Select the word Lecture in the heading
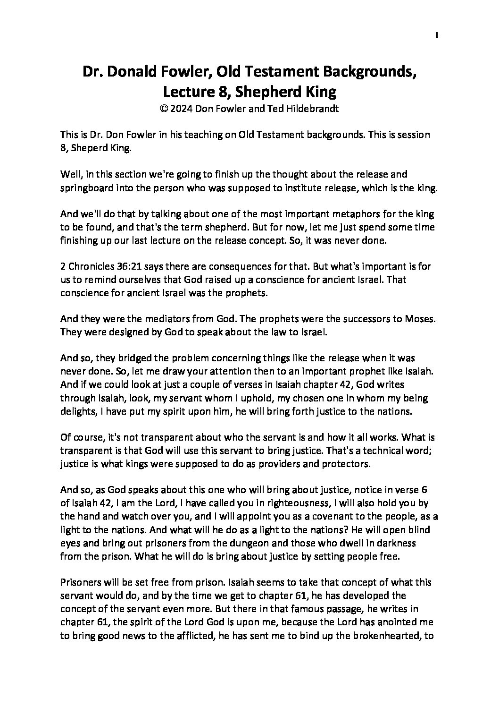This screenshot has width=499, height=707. coord(188,90)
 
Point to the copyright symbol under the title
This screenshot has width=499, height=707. coord(164,108)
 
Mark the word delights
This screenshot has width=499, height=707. coord(77,411)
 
